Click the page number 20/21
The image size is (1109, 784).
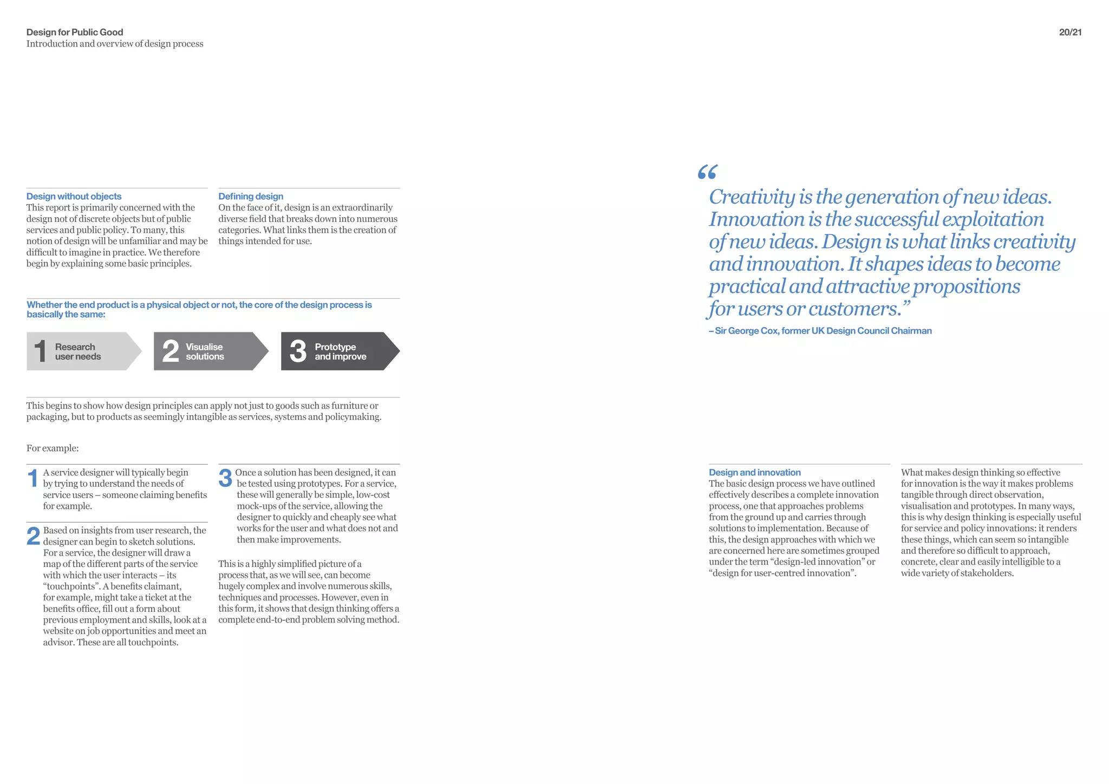(x=1070, y=32)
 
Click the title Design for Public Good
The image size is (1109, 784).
(x=75, y=32)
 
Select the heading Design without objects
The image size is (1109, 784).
(x=74, y=197)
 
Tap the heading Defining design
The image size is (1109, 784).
(x=251, y=197)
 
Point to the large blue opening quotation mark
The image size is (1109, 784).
(x=707, y=172)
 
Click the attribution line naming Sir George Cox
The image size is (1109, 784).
(x=820, y=331)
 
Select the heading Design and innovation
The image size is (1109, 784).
(x=754, y=473)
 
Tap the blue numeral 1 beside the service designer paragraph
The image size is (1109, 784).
(x=32, y=479)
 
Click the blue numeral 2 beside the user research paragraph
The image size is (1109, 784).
(x=33, y=537)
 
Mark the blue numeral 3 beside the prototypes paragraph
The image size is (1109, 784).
(x=225, y=479)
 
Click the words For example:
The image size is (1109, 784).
(x=53, y=448)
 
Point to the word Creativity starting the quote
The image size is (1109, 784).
(x=752, y=197)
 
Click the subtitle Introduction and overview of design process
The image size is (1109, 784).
(x=115, y=44)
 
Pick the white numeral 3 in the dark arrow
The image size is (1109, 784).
(x=298, y=351)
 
